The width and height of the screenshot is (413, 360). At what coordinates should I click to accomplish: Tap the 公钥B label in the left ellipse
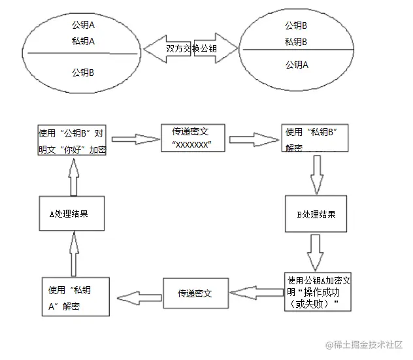click(x=83, y=72)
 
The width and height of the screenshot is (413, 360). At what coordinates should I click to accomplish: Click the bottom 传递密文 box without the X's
click(x=195, y=293)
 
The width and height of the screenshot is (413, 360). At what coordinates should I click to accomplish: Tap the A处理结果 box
click(x=73, y=214)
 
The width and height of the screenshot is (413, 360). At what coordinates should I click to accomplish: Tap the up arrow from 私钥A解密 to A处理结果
click(x=74, y=255)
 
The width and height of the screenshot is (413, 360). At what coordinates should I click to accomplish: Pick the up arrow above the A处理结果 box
click(x=74, y=178)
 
